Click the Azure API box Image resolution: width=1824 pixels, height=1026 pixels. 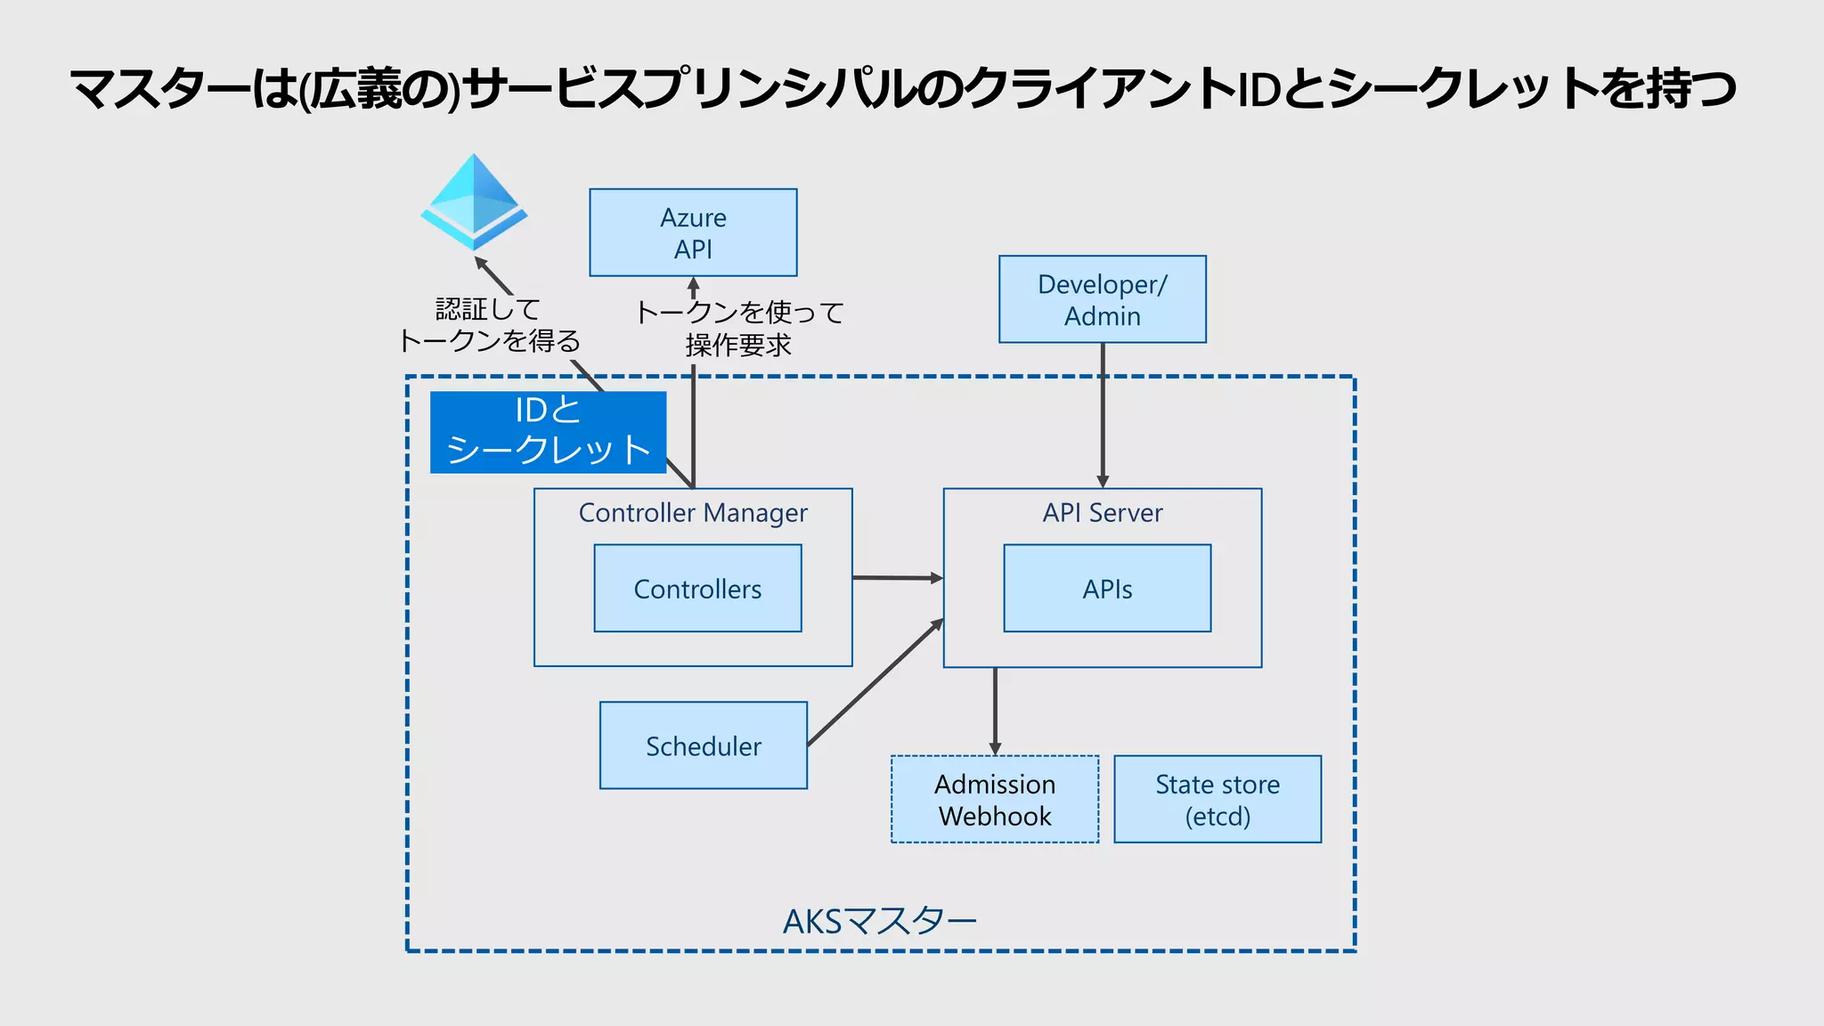click(x=693, y=232)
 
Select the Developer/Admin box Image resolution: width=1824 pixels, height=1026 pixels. click(x=1102, y=299)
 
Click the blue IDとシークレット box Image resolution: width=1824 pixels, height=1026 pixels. click(x=548, y=432)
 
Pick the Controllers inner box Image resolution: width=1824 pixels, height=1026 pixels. click(x=697, y=589)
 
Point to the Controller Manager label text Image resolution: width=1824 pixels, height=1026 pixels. click(x=693, y=513)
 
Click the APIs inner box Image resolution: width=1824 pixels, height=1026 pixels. click(x=1107, y=589)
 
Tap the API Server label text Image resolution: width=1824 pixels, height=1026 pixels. click(x=1103, y=513)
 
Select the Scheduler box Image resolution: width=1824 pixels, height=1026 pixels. click(x=704, y=745)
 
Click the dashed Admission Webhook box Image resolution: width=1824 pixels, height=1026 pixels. click(x=995, y=800)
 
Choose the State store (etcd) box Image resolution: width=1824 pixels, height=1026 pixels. click(x=1217, y=800)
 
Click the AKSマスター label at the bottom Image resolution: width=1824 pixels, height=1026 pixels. click(x=880, y=921)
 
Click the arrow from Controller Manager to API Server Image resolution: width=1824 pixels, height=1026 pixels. click(x=897, y=578)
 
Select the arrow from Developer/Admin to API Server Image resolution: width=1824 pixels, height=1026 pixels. click(x=1103, y=414)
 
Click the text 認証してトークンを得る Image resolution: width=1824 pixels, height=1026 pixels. click(x=488, y=325)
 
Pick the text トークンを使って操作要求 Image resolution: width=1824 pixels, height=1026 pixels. click(x=739, y=328)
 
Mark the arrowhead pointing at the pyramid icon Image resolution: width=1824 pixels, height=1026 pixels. click(x=481, y=263)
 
